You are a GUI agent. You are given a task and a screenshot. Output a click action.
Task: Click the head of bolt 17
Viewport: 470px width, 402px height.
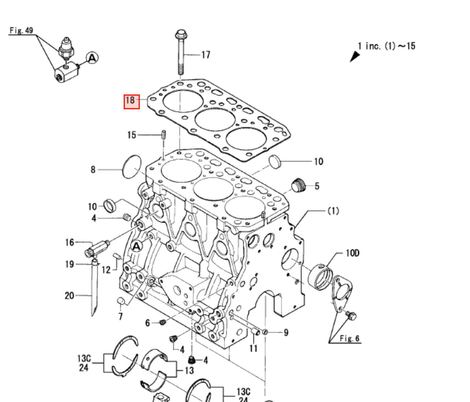pos(181,34)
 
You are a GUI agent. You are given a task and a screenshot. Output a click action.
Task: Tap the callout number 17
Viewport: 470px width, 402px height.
pos(205,55)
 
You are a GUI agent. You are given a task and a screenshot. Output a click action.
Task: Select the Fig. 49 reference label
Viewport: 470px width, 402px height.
pos(21,31)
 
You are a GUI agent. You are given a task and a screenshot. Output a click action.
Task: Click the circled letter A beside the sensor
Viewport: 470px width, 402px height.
pos(92,58)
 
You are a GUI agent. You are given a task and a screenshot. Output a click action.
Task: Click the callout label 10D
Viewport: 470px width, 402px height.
pos(352,253)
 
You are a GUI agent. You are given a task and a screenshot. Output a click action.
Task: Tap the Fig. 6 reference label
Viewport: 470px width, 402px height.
pos(349,339)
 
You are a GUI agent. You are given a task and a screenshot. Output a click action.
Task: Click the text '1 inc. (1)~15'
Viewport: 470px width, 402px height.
pos(386,46)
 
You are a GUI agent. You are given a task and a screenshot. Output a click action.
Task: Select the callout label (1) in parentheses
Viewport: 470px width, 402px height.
pos(333,211)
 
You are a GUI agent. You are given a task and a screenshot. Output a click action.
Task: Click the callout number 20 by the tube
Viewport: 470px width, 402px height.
pos(69,296)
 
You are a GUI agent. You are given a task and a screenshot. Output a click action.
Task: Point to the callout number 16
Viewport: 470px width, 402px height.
pos(69,242)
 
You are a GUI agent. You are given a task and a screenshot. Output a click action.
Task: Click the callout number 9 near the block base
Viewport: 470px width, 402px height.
pos(286,332)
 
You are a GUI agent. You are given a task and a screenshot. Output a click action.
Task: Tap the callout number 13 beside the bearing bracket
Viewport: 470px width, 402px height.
pos(189,370)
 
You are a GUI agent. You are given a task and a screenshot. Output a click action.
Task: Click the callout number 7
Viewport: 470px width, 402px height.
pos(121,317)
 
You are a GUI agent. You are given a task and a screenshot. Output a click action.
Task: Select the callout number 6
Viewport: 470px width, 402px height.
pos(147,323)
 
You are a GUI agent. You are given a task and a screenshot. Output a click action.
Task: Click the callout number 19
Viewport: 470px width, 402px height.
pos(69,264)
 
